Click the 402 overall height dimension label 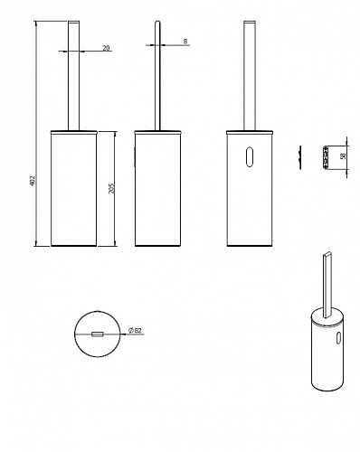(x=33, y=181)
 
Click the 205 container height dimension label (x=112, y=188)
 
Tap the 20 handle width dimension (x=106, y=48)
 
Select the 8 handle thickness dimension (x=185, y=42)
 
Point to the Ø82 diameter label (x=135, y=330)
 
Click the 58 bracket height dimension (x=343, y=156)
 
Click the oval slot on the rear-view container (x=250, y=156)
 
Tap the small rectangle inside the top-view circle (x=98, y=334)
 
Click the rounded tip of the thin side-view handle (x=157, y=22)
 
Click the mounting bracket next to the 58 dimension (x=325, y=157)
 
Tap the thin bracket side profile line (x=300, y=157)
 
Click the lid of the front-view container (x=74, y=132)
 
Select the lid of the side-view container (x=157, y=132)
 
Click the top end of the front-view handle (x=74, y=22)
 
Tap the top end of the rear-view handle (x=250, y=22)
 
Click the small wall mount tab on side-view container (x=135, y=156)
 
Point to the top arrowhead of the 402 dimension (x=36, y=23)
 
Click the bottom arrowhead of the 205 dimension (x=115, y=243)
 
